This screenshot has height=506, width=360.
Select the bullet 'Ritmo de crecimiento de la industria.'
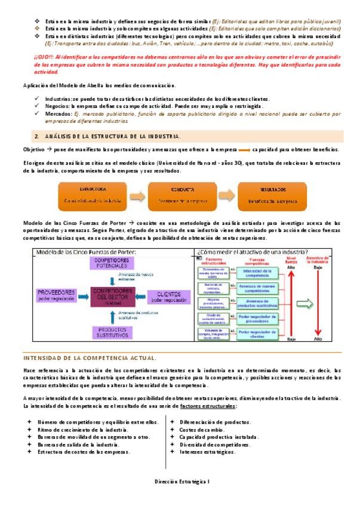coord(84,429)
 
